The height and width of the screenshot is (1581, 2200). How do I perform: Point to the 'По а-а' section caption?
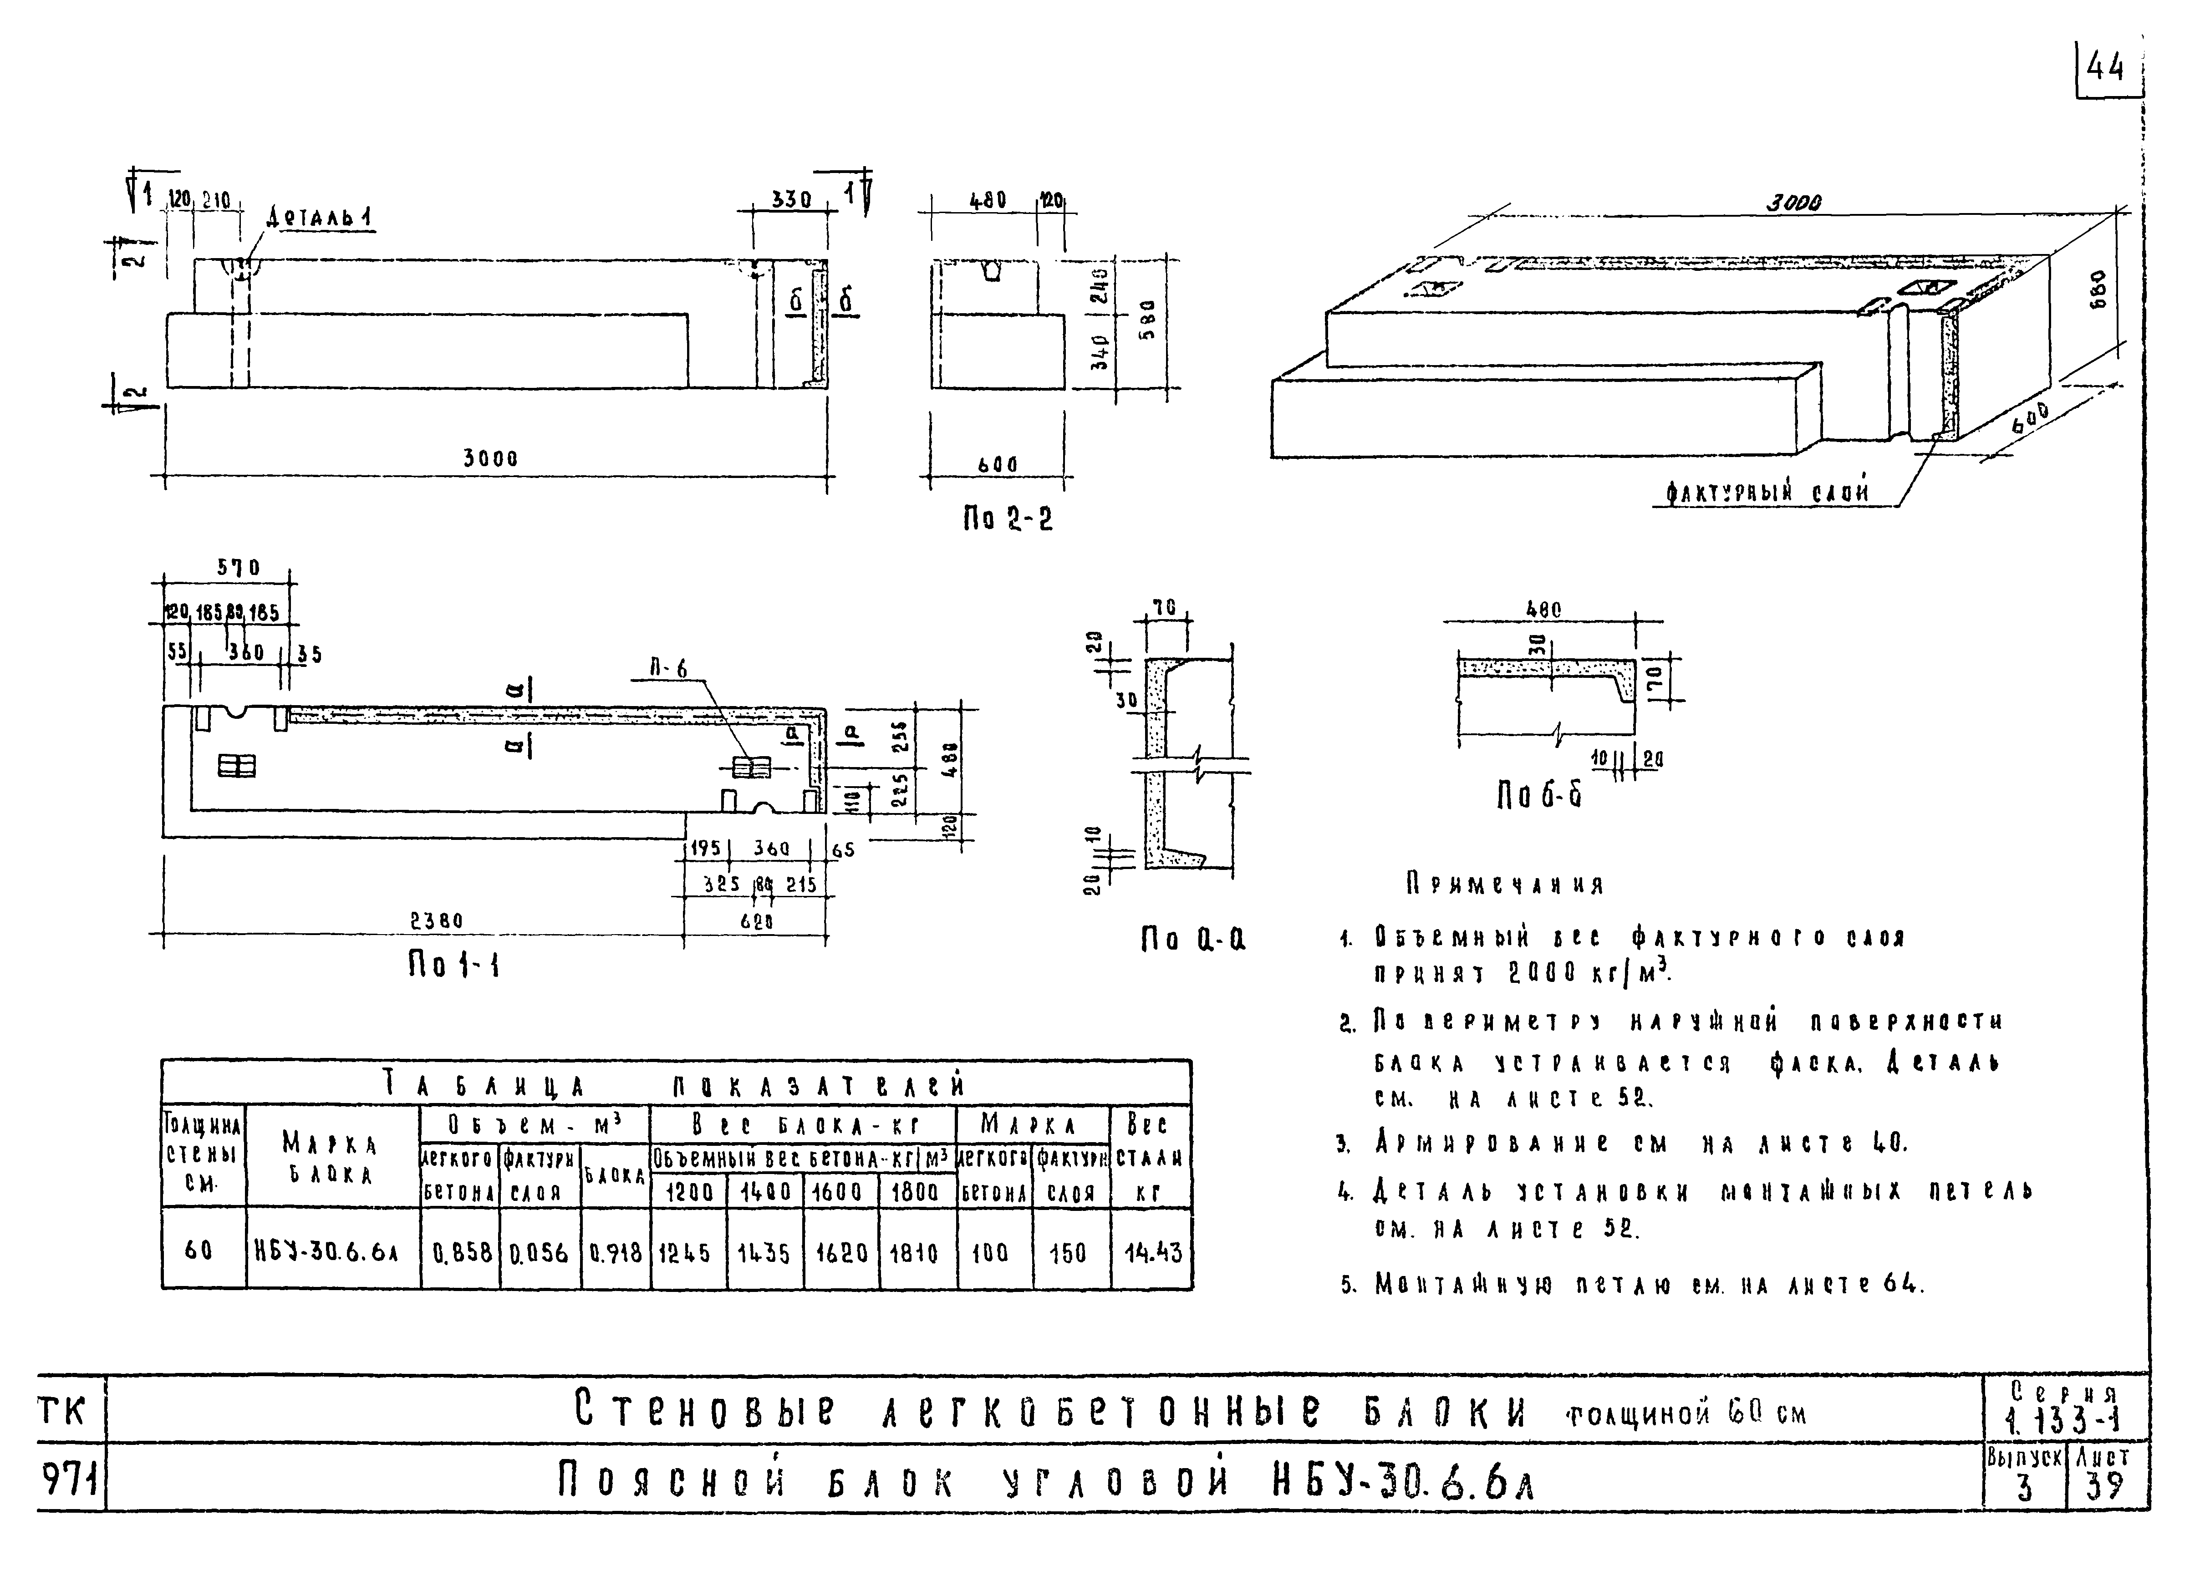pos(1192,939)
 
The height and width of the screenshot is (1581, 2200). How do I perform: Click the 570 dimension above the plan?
pos(238,569)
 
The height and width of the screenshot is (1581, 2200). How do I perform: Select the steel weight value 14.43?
pos(1152,1252)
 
